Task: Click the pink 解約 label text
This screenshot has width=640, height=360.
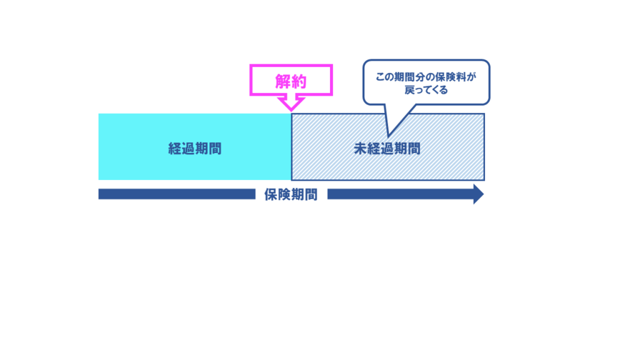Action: tap(291, 81)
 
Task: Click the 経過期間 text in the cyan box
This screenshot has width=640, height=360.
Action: tap(194, 149)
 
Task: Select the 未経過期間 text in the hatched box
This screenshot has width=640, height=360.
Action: tap(387, 149)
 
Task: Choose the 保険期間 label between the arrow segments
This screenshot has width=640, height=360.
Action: tap(291, 194)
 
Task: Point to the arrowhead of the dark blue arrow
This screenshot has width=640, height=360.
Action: tap(478, 194)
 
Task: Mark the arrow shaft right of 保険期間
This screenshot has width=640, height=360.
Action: tap(400, 194)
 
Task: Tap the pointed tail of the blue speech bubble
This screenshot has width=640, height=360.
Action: tap(388, 133)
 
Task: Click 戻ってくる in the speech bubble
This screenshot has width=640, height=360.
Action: tap(426, 89)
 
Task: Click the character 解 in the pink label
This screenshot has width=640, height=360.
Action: tap(282, 81)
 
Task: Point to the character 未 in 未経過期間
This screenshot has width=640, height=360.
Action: tap(360, 149)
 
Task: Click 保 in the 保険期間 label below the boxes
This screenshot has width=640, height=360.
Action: tap(270, 194)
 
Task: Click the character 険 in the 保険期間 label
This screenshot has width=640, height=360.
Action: tap(284, 194)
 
